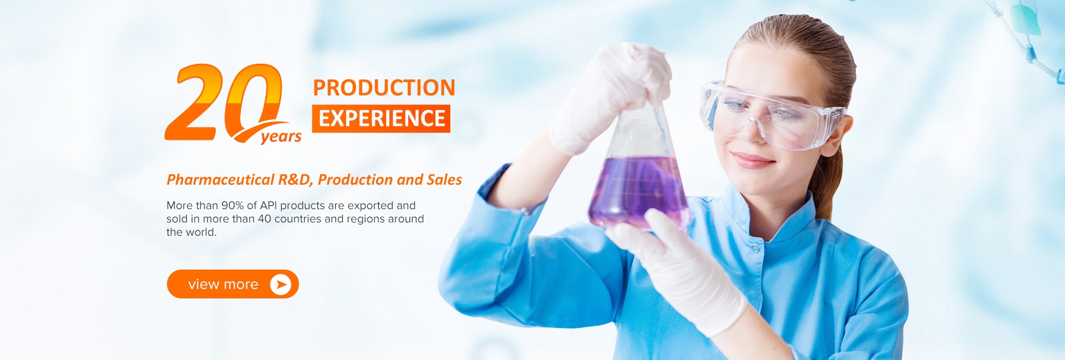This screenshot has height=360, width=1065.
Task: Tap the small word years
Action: (x=281, y=136)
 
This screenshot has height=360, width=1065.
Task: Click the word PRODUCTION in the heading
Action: (x=384, y=88)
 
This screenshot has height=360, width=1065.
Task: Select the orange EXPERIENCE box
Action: (x=381, y=119)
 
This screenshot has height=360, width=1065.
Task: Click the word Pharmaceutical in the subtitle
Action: (x=220, y=180)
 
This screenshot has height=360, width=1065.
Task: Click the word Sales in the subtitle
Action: (x=444, y=180)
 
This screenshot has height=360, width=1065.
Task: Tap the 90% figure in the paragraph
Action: (x=232, y=205)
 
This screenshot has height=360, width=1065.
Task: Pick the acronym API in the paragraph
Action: (x=268, y=205)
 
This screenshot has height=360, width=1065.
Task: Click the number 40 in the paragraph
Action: (x=265, y=219)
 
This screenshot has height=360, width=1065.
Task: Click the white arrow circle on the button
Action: (x=281, y=284)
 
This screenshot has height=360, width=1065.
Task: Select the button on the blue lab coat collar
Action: (x=755, y=249)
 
